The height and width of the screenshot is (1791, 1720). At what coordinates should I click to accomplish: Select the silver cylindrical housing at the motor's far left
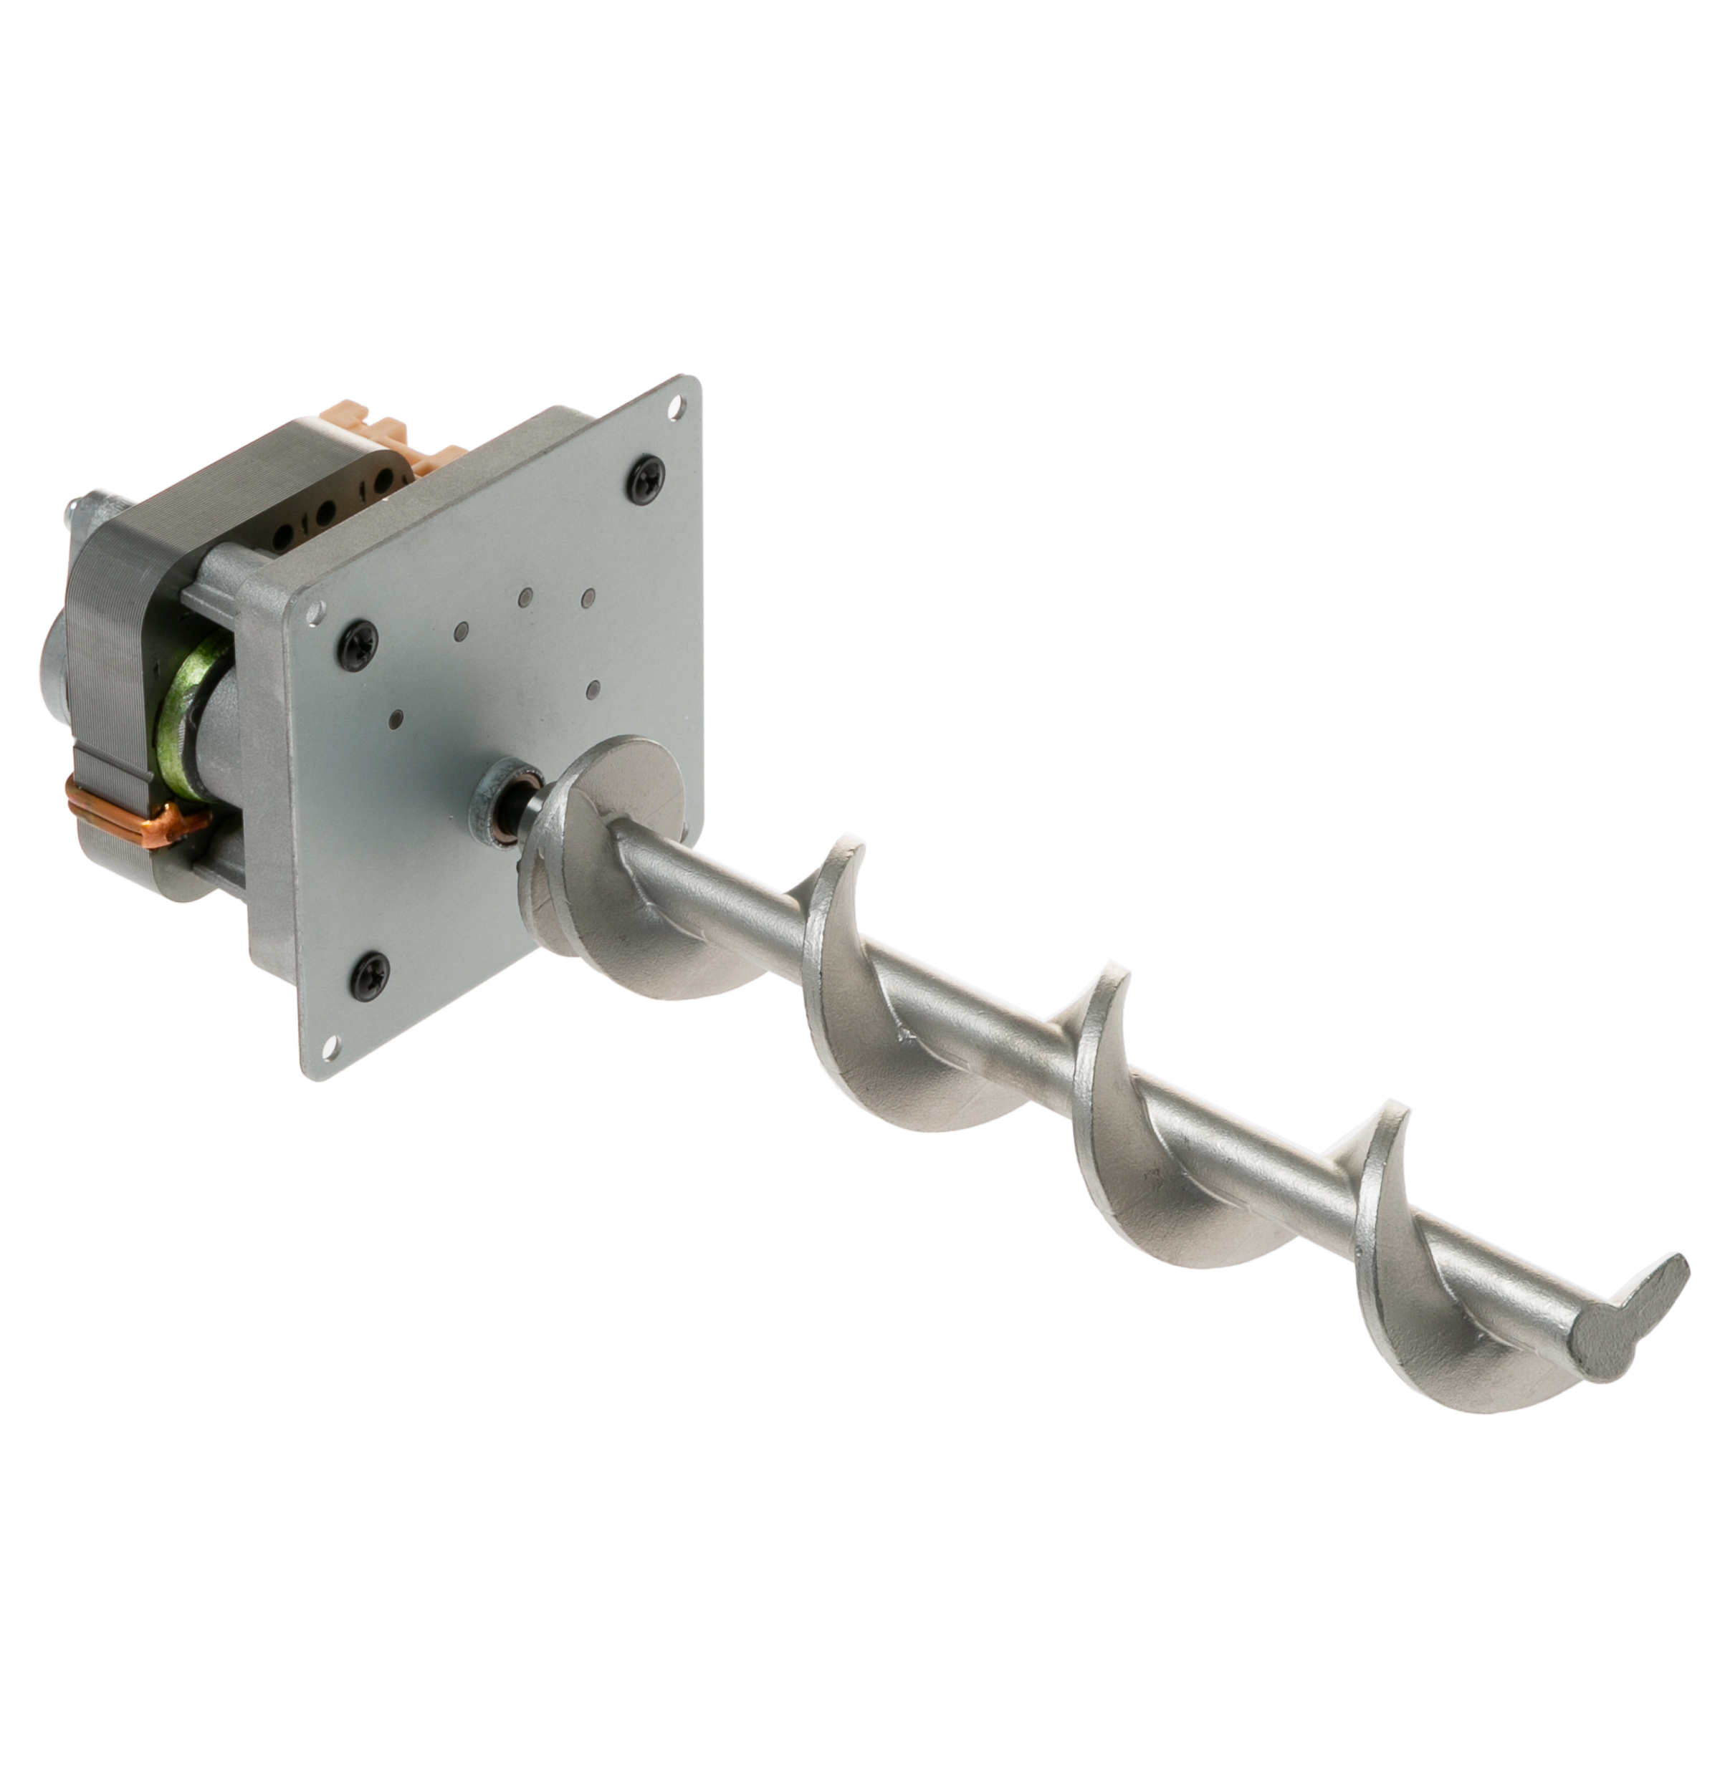point(55,658)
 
